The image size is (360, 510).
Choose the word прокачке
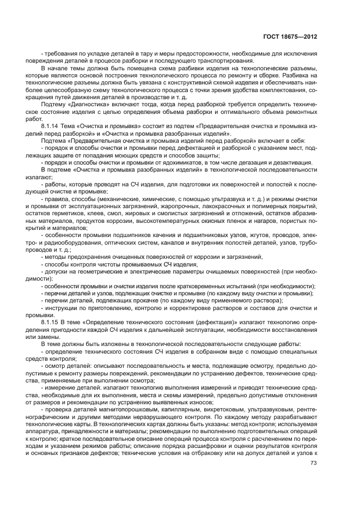(136, 301)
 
